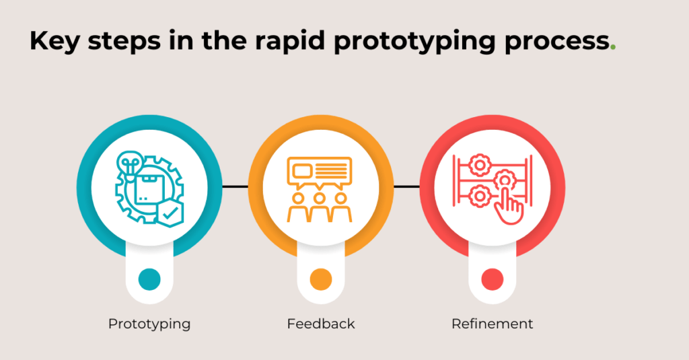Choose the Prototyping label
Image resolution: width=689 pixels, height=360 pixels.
point(149,324)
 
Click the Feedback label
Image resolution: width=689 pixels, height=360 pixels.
point(321,324)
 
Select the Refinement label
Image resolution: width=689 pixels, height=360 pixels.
point(493,324)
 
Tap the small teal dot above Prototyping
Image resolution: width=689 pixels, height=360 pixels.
point(149,279)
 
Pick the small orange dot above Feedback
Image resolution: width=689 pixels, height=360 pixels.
point(321,279)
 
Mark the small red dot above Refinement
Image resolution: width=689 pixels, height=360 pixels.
point(493,279)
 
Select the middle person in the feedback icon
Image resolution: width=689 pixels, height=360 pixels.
point(320,206)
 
